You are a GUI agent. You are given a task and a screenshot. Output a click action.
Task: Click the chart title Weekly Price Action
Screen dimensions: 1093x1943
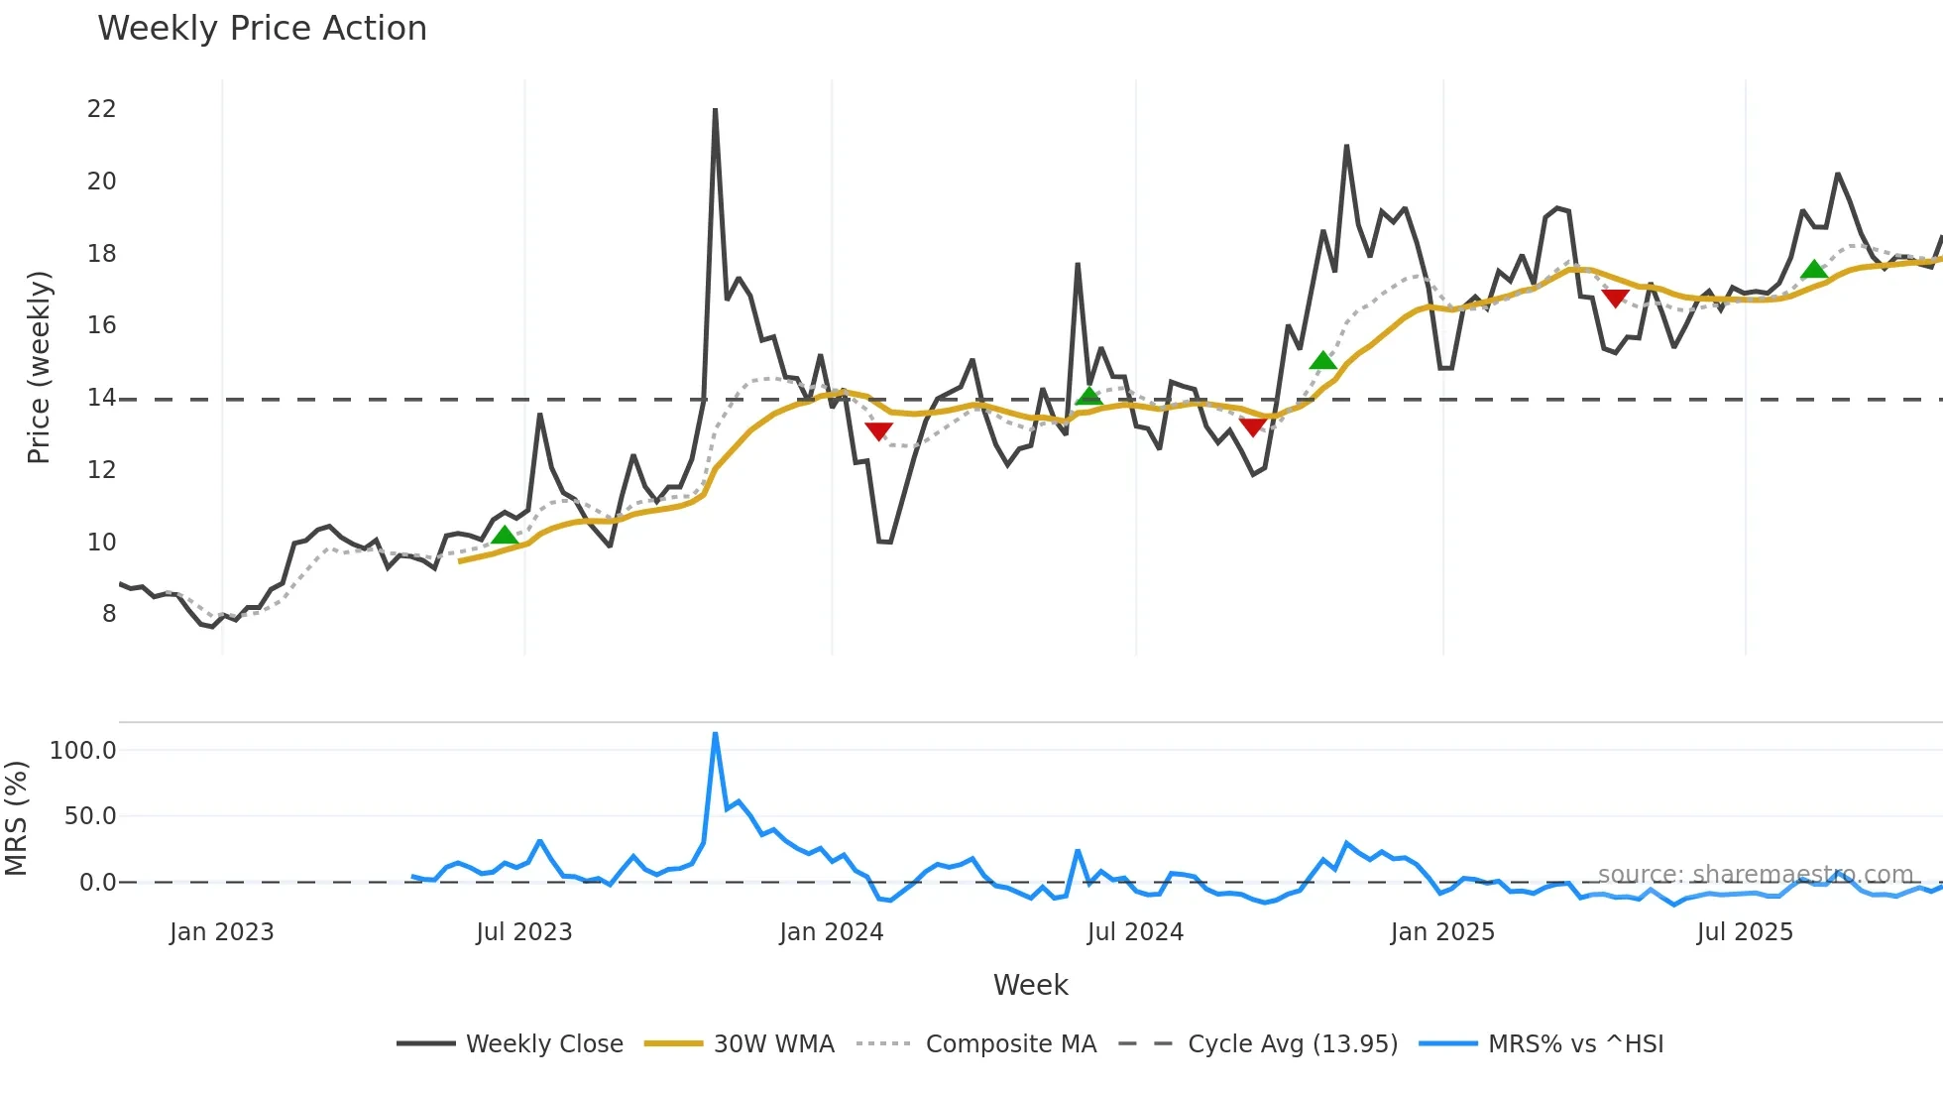pyautogui.click(x=262, y=29)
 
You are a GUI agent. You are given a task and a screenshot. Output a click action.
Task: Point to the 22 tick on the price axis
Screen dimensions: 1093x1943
pyautogui.click(x=101, y=109)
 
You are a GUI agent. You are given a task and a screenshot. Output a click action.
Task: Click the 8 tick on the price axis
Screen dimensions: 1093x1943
pyautogui.click(x=108, y=614)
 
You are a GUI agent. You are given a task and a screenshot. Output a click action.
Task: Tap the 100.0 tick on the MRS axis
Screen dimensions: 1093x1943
pyautogui.click(x=83, y=751)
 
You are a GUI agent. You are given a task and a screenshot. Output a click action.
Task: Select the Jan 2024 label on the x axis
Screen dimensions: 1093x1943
pyautogui.click(x=831, y=932)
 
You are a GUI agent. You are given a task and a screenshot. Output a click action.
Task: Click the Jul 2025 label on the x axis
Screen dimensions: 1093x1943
pyautogui.click(x=1745, y=932)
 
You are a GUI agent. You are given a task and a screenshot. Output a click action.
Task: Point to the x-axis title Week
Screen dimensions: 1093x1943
pyautogui.click(x=1030, y=985)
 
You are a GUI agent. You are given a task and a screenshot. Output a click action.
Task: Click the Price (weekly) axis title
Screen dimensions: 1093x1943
pyautogui.click(x=39, y=367)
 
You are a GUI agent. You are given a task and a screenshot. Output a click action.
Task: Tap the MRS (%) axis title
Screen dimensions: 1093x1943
pyautogui.click(x=16, y=818)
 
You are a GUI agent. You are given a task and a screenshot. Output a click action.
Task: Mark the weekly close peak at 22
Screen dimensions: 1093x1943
pyautogui.click(x=715, y=110)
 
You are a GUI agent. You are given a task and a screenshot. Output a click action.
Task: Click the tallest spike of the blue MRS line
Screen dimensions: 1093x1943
pyautogui.click(x=715, y=735)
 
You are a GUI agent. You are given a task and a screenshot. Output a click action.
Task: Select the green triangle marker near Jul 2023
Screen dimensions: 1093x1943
pyautogui.click(x=505, y=536)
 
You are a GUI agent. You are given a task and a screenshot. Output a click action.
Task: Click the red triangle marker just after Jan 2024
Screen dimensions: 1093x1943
pyautogui.click(x=878, y=430)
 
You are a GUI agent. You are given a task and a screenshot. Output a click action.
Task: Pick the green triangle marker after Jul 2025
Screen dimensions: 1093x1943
pyautogui.click(x=1814, y=270)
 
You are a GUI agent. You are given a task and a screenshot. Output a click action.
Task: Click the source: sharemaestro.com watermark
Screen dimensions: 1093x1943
pyautogui.click(x=1755, y=875)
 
